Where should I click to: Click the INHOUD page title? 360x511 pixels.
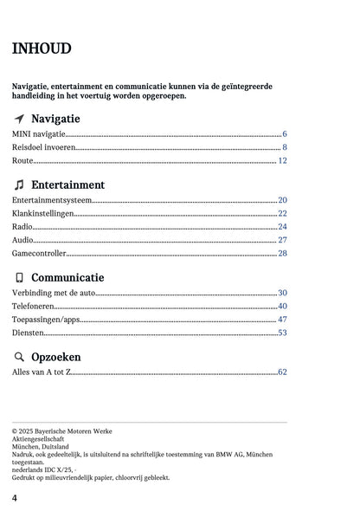42,49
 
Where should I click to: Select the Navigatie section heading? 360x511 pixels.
55,119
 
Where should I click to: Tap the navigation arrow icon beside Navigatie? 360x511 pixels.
19,119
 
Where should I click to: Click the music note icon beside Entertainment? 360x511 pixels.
19,185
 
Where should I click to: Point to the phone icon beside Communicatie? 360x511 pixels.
19,278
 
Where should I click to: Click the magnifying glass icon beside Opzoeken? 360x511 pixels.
19,357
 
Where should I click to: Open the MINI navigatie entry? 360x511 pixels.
39,134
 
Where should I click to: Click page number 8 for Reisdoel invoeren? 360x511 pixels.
284,148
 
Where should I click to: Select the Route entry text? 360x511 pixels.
22,161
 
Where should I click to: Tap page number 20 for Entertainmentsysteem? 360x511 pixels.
282,200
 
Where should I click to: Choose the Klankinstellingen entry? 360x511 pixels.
42,213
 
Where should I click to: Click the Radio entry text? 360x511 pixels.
23,227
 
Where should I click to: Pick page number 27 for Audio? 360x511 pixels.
282,240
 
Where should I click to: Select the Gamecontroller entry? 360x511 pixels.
39,254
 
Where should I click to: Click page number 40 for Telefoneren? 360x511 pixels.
282,307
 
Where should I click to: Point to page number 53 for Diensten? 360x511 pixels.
282,333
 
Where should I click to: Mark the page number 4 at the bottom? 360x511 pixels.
15,498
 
